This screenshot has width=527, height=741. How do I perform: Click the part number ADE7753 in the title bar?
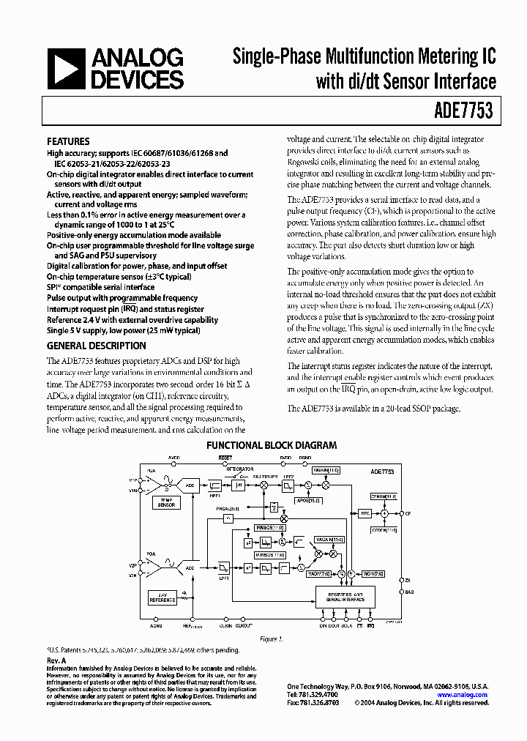tap(466, 111)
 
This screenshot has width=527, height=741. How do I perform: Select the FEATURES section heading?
tap(68, 141)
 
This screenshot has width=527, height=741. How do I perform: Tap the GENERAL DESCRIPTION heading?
tap(96, 346)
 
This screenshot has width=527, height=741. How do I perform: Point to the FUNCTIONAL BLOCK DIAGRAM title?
tap(271, 444)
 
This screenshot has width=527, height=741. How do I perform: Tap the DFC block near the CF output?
tap(365, 514)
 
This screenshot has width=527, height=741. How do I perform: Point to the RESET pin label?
tap(225, 458)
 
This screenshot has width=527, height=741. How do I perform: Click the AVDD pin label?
tap(173, 458)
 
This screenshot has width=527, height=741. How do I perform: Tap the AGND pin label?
tap(155, 626)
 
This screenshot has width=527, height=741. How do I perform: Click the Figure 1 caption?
tap(271, 639)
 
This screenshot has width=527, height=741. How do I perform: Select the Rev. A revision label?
tap(56, 660)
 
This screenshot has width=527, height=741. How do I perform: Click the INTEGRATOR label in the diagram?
tap(239, 469)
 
